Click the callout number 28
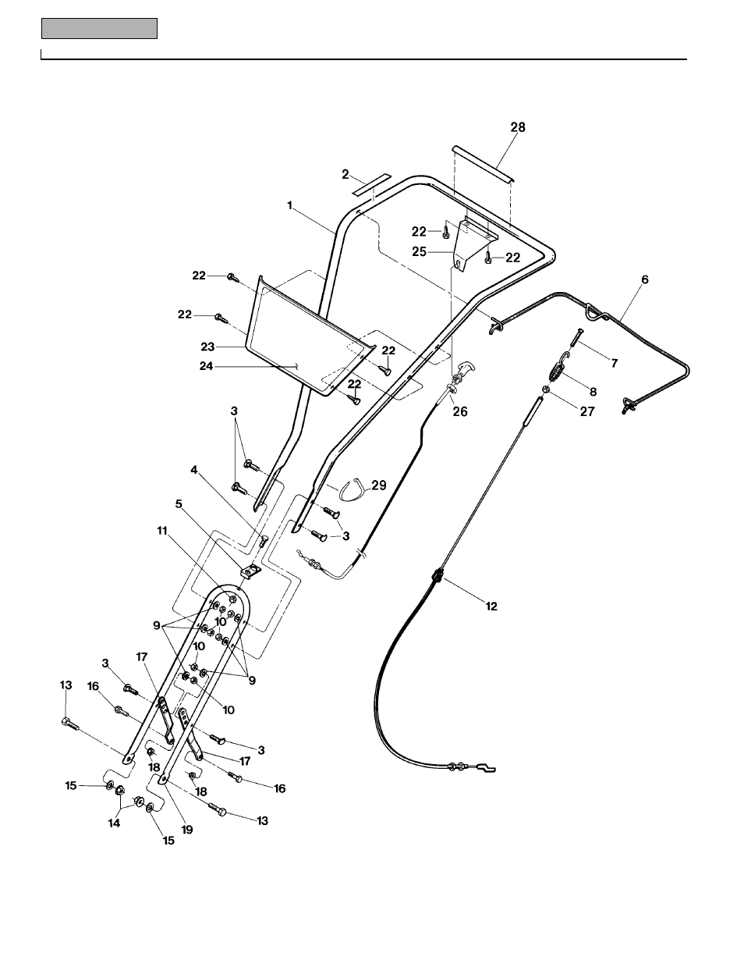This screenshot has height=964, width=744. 517,127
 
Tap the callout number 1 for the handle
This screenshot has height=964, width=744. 289,205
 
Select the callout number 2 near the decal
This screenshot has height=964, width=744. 345,175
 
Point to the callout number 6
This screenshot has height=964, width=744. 643,279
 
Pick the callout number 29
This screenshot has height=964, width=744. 378,486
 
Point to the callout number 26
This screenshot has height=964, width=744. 460,411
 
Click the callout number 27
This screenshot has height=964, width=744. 587,411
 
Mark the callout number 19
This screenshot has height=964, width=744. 186,830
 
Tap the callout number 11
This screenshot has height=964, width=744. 162,530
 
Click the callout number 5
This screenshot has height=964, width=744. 179,503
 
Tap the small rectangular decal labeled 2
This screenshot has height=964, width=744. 369,185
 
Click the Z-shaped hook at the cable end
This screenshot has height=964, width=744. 486,769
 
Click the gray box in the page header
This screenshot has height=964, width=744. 99,29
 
